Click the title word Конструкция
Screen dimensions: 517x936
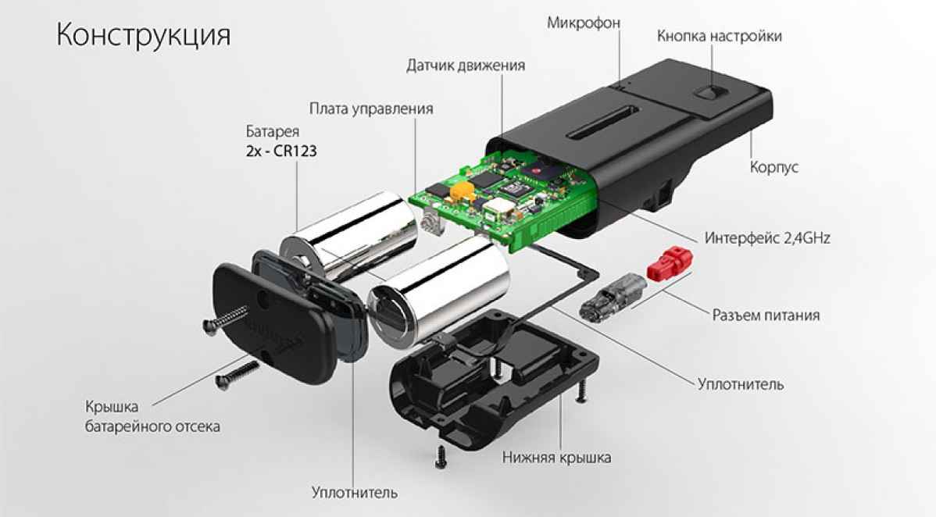point(142,36)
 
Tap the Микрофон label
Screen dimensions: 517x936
point(583,23)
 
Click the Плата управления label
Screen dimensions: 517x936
point(370,108)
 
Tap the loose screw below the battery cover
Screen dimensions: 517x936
point(236,373)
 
